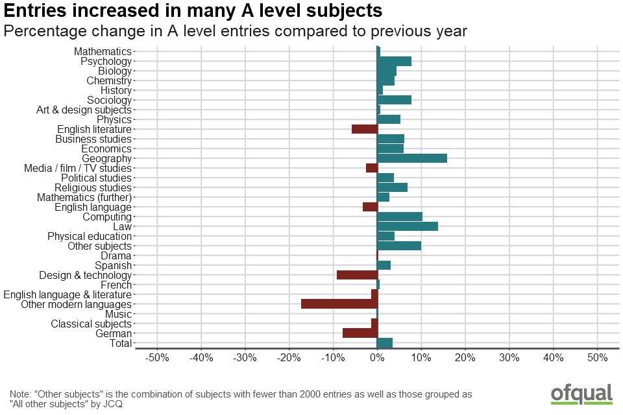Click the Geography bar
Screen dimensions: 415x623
[412, 158]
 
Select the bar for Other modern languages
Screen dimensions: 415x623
[339, 304]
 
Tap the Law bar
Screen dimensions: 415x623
[408, 226]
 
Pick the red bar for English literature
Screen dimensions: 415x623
[365, 129]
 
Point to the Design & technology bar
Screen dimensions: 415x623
[357, 275]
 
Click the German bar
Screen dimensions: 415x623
[360, 333]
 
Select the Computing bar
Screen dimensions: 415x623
[400, 217]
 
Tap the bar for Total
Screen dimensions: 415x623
[385, 343]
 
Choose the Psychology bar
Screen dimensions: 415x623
[394, 61]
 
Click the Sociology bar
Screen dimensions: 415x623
[394, 100]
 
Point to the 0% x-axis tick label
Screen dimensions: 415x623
[377, 358]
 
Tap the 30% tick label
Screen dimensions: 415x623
[509, 358]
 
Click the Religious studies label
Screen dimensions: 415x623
[93, 187]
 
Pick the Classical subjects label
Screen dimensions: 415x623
[92, 324]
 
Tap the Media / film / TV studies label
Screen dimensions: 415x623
[78, 168]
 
